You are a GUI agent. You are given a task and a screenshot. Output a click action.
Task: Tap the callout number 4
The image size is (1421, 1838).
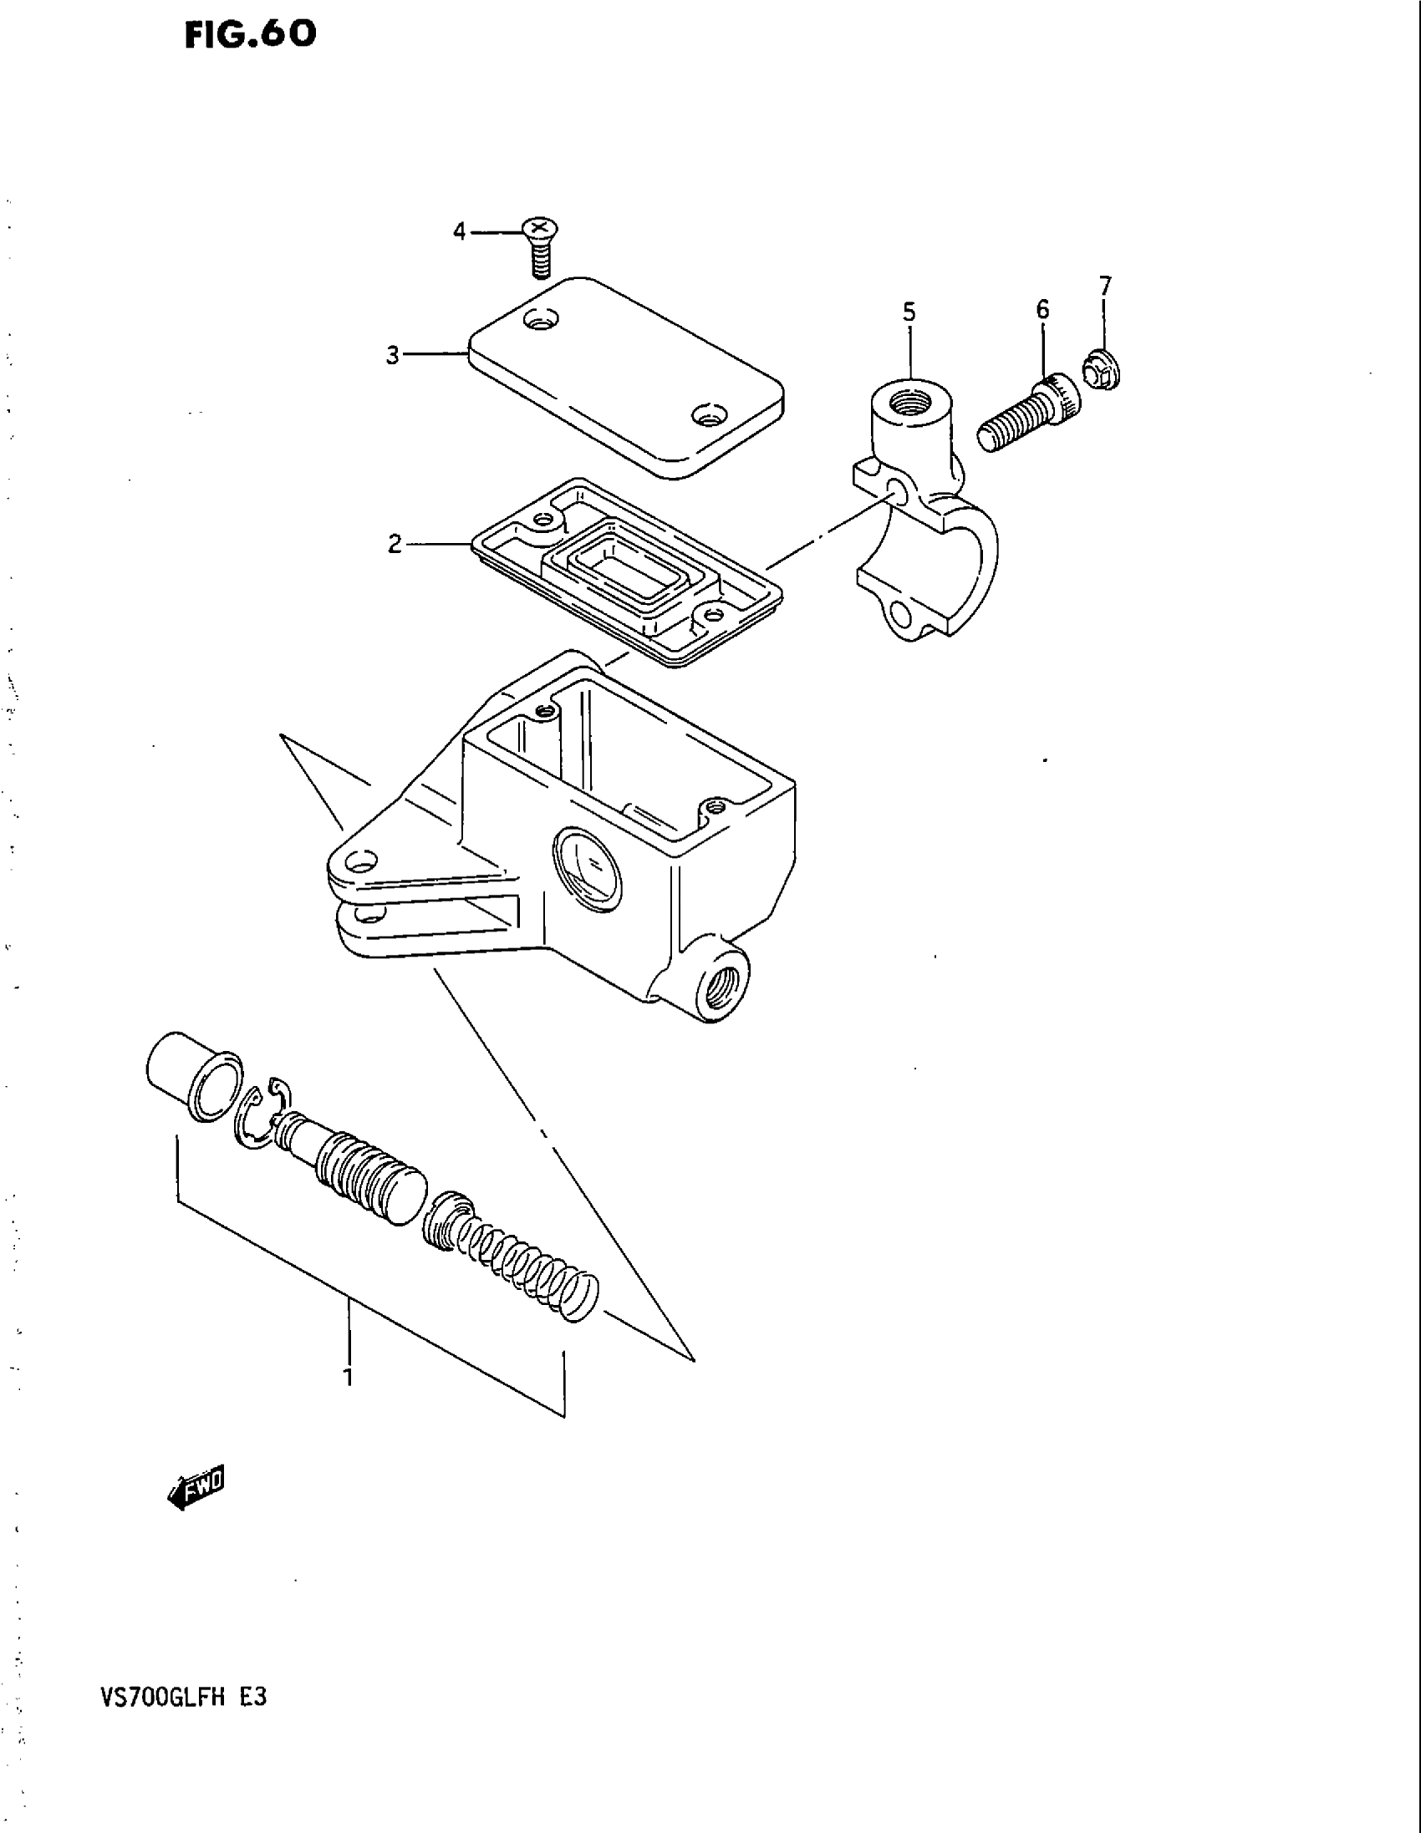click(x=459, y=231)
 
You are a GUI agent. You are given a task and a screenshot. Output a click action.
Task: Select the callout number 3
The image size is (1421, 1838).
click(x=392, y=356)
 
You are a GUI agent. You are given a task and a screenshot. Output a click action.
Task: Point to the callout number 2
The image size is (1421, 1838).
click(x=395, y=546)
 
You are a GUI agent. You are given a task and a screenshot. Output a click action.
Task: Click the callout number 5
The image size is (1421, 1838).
click(x=909, y=313)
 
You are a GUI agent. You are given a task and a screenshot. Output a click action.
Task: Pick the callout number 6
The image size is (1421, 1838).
click(x=1042, y=310)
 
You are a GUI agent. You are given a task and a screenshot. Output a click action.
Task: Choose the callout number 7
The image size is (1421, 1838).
click(x=1105, y=286)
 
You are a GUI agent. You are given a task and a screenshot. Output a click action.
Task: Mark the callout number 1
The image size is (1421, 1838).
click(x=348, y=1378)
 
